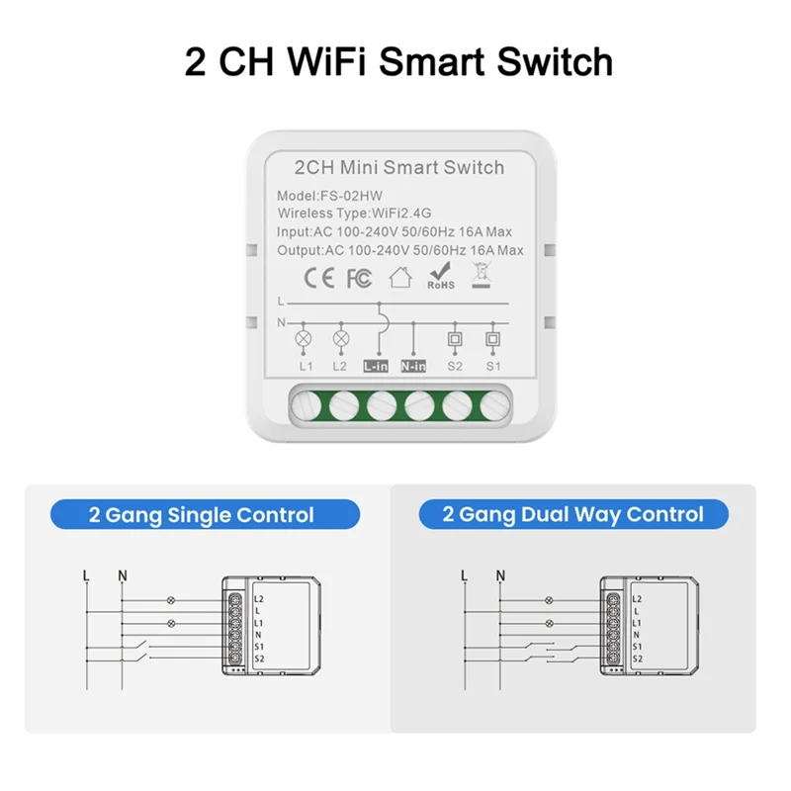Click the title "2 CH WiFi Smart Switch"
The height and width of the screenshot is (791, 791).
pos(398,60)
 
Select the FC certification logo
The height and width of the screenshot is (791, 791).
pos(359,279)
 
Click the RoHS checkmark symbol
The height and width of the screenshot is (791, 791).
pos(440,276)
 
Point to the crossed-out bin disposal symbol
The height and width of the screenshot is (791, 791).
pos(483,276)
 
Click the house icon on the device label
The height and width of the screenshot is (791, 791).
pos(400,278)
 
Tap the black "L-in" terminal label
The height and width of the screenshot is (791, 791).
pos(377,366)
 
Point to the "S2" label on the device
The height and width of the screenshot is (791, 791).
pos(455,366)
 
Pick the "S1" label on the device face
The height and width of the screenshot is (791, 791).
pos(492,366)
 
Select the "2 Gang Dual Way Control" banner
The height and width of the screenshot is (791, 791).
pos(573,514)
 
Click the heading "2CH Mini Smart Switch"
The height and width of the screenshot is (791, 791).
pos(398,168)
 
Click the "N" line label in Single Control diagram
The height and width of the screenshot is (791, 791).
pos(122,575)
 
